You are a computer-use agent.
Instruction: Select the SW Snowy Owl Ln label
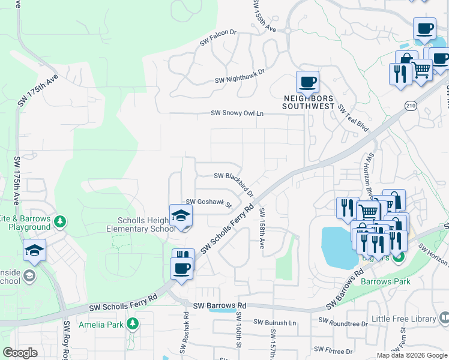tap(237, 113)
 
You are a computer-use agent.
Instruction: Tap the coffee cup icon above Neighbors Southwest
tap(307, 82)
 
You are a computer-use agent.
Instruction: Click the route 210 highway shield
tap(410, 106)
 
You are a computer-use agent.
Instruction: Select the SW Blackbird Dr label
tap(234, 182)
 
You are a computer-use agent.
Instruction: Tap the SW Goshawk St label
tap(208, 203)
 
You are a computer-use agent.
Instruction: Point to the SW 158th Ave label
tap(262, 228)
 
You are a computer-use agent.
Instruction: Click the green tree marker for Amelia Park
tap(133, 325)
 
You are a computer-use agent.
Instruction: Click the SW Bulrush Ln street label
tap(275, 323)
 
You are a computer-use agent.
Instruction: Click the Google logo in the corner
tap(20, 353)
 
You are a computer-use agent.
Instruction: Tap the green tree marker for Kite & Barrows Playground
tap(60, 222)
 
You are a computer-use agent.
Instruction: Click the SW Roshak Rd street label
tap(184, 335)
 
